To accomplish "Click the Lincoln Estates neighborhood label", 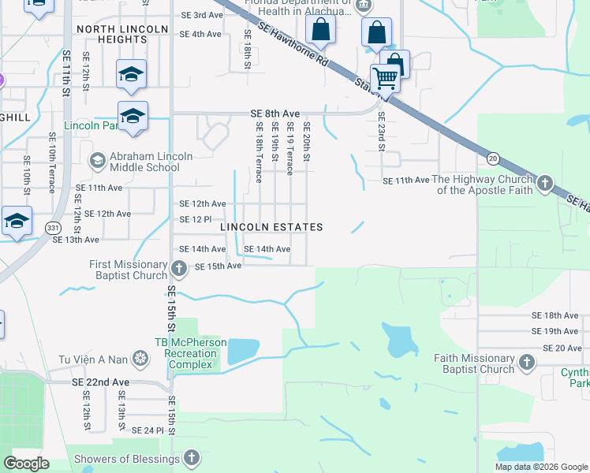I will coord(271,227).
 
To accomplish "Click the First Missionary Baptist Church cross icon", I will coord(179,270).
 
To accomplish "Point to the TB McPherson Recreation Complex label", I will coord(190,354).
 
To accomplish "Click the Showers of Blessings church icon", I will coord(191,458).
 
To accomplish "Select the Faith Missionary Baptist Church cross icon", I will coord(526,363).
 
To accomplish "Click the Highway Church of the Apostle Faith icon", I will coord(544,184).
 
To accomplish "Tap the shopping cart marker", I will coord(384,78).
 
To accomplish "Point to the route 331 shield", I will coord(53,227).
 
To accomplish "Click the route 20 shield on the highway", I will coord(491,158).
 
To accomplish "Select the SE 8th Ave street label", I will coord(275,114).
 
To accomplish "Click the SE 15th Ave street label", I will coord(218,266).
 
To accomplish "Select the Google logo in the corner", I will coord(27,464).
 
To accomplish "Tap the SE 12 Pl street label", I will coord(196,219).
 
